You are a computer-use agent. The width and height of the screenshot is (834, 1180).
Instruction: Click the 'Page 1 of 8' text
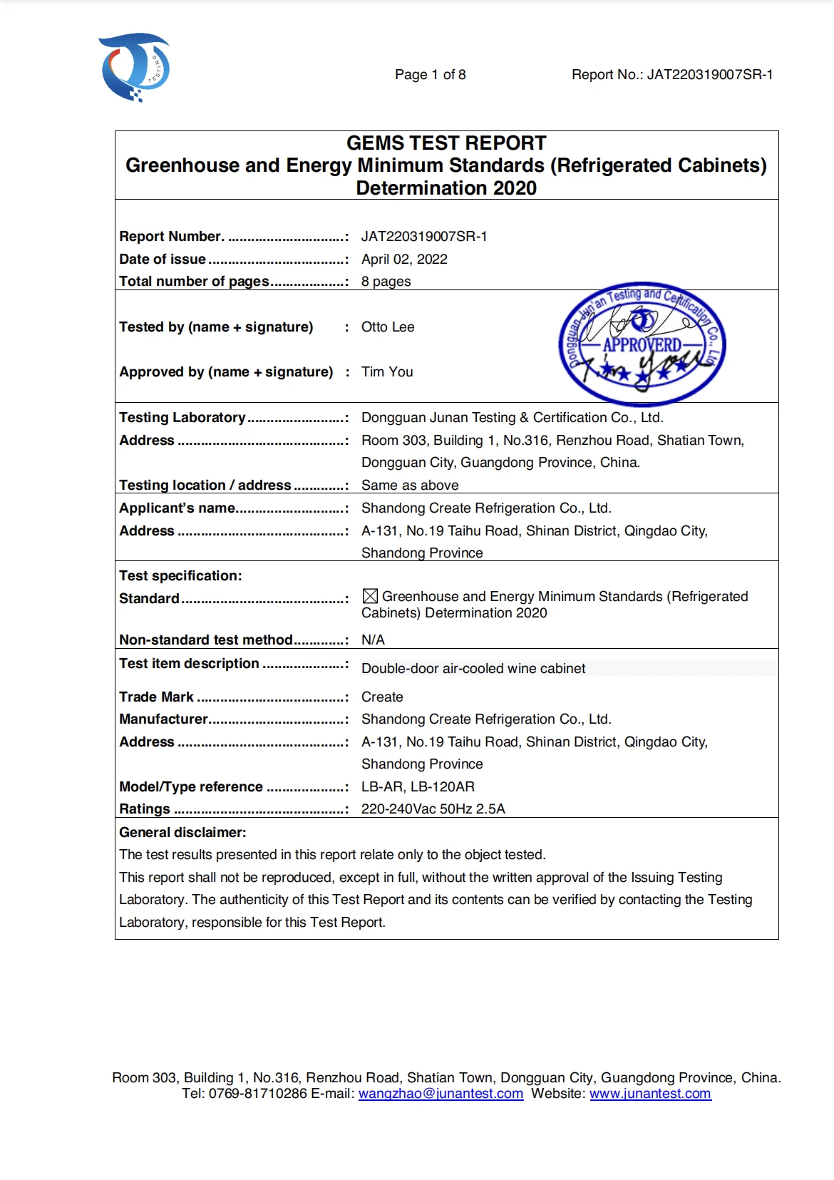pyautogui.click(x=430, y=75)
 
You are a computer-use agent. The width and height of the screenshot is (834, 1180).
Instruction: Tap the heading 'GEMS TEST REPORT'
pyautogui.click(x=446, y=143)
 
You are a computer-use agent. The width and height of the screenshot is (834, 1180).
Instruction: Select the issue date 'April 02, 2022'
pyautogui.click(x=404, y=259)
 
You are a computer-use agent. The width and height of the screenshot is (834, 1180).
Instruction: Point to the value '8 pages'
pyautogui.click(x=386, y=281)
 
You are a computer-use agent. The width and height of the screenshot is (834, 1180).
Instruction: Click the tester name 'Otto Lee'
pyautogui.click(x=388, y=327)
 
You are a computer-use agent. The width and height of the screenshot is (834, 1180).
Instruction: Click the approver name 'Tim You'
pyautogui.click(x=387, y=371)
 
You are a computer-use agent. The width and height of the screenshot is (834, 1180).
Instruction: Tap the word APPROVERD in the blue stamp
pyautogui.click(x=642, y=345)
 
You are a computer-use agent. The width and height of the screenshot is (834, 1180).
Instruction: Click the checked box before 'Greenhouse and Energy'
pyautogui.click(x=370, y=596)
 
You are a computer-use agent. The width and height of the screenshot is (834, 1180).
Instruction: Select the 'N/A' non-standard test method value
pyautogui.click(x=373, y=640)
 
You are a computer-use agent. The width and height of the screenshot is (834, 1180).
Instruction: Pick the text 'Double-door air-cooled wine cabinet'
pyautogui.click(x=473, y=668)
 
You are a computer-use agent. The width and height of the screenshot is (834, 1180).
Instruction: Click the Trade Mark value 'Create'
pyautogui.click(x=382, y=697)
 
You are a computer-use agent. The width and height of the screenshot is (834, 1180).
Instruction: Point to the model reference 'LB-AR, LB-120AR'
pyautogui.click(x=418, y=786)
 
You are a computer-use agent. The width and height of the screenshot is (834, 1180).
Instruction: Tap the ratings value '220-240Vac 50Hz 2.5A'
pyautogui.click(x=433, y=809)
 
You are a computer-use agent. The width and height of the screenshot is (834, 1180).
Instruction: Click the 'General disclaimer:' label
pyautogui.click(x=182, y=832)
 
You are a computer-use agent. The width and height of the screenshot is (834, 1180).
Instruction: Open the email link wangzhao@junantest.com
pyautogui.click(x=441, y=1094)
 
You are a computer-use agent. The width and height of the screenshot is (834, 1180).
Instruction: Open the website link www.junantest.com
pyautogui.click(x=650, y=1094)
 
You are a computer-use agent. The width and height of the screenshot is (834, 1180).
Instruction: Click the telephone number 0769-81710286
pyautogui.click(x=257, y=1094)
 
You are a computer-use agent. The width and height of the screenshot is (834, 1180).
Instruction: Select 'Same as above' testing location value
pyautogui.click(x=410, y=485)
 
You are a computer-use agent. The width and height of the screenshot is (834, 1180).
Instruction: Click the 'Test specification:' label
pyautogui.click(x=180, y=575)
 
